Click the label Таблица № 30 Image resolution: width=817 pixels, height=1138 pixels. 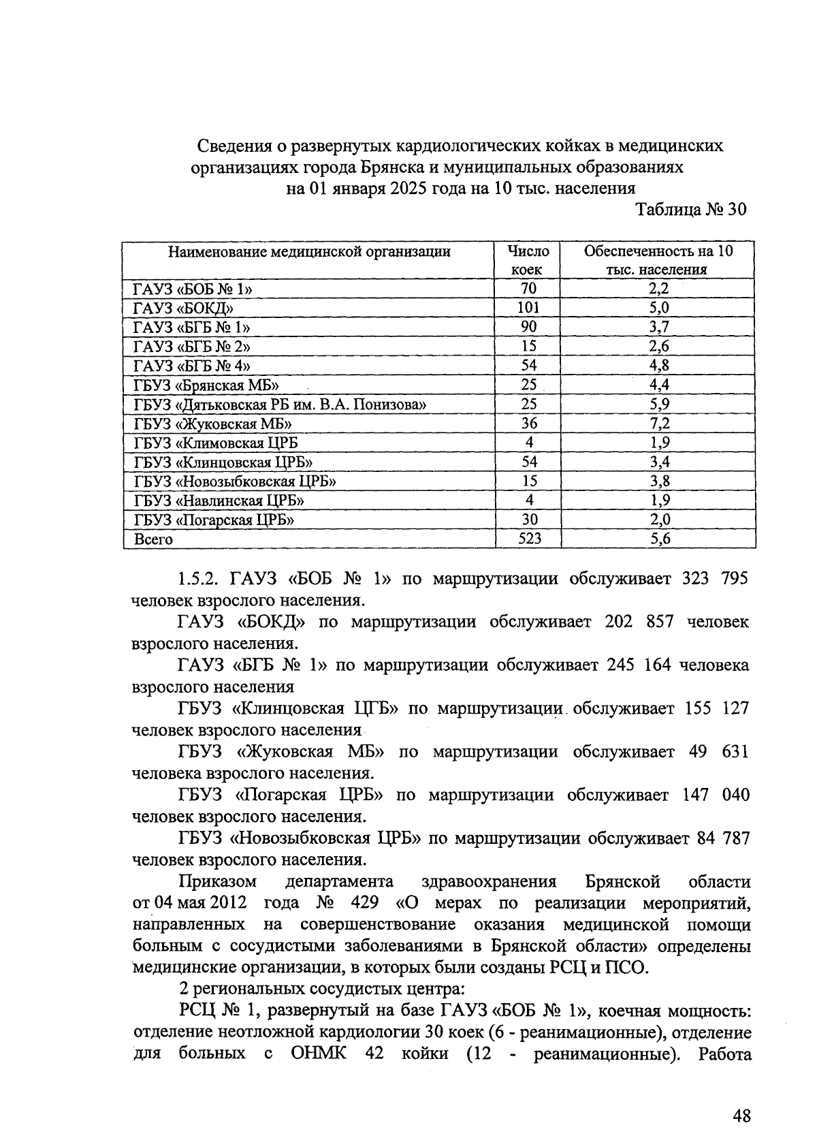pos(691,209)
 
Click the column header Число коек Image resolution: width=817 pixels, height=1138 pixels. pos(528,259)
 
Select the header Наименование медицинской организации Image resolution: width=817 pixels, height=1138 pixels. pos(309,251)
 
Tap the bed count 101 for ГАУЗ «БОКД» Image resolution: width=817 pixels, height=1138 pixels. pos(528,307)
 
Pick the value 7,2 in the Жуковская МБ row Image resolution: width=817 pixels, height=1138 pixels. pos(658,423)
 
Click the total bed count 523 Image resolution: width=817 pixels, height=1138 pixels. pos(528,539)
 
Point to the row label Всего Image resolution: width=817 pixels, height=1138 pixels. pos(153,539)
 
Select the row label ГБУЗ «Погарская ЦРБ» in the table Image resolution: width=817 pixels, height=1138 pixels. pos(214,520)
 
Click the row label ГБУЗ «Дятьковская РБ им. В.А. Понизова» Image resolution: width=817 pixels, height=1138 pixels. pos(280,405)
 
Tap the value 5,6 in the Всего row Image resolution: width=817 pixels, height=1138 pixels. pos(658,539)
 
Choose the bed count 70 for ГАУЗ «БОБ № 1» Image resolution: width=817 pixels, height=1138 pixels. pos(528,288)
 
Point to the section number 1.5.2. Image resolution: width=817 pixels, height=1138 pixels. pos(199,579)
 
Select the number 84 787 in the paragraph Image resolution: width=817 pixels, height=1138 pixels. pos(723,838)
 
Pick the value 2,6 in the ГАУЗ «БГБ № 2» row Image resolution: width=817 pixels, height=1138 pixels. pos(658,346)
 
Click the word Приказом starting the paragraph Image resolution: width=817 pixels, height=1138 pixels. pos(218,882)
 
